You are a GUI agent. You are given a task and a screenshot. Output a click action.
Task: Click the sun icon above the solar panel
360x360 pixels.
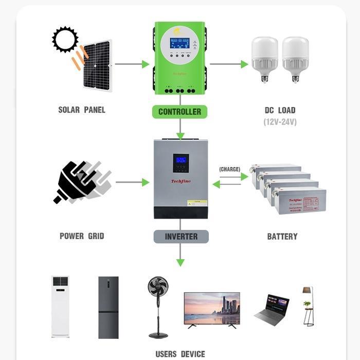tap(65, 39)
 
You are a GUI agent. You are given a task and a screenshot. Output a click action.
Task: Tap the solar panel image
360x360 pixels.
tap(97, 66)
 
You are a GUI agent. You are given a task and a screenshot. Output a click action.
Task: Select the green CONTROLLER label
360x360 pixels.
tap(179, 112)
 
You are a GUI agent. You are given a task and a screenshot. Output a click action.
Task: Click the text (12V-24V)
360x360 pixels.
tap(280, 122)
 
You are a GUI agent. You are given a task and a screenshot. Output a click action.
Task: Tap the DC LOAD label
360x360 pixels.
tap(280, 110)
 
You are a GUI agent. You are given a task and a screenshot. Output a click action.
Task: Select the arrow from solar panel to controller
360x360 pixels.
tap(132, 64)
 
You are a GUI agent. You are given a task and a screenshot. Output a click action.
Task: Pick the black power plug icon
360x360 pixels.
tap(77, 183)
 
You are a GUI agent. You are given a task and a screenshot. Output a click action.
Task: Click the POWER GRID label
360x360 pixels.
tap(82, 236)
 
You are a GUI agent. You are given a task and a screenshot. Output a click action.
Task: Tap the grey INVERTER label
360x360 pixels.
tap(181, 237)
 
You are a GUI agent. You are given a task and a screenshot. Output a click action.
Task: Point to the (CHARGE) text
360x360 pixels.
tap(229, 169)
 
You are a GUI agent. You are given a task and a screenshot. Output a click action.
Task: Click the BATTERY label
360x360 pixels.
tap(282, 237)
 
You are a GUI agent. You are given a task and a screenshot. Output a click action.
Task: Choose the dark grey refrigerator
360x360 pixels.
tap(109, 307)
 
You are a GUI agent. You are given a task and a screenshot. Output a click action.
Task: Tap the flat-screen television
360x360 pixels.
tap(212, 309)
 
